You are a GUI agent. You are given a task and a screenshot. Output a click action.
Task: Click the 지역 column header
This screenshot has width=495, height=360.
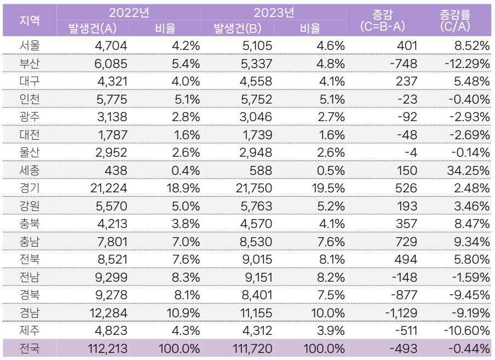point(30,20)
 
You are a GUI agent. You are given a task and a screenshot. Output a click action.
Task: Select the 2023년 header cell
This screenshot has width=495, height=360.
point(274,13)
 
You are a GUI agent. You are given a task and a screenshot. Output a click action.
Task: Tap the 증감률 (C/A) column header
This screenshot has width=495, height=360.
point(455,20)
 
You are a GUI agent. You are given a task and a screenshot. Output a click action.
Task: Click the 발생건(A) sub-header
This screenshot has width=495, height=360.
point(93,28)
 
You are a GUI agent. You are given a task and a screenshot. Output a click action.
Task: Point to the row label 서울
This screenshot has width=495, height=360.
point(30,45)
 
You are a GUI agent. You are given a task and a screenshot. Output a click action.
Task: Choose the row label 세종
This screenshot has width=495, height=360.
point(30,170)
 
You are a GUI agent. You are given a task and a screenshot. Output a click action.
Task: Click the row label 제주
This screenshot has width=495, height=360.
point(30,330)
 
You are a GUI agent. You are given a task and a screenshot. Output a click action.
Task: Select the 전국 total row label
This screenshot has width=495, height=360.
point(30,348)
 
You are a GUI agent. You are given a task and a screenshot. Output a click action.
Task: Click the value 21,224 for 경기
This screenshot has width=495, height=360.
point(108,188)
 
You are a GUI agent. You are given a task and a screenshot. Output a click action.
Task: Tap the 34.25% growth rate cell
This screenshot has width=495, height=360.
point(468,170)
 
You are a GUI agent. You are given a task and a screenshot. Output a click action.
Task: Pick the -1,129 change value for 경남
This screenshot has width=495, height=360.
point(401,313)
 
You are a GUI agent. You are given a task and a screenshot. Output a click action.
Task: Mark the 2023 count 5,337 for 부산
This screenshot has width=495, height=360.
point(256,64)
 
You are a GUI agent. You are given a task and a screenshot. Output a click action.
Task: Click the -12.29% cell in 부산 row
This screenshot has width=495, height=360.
point(467,64)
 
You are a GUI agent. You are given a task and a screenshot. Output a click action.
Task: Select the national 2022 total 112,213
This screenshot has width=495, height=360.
point(107,348)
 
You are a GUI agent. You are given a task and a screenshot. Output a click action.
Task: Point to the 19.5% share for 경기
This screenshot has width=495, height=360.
point(328,188)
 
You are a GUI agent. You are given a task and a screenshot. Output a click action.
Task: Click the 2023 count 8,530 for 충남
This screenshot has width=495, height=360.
point(256,242)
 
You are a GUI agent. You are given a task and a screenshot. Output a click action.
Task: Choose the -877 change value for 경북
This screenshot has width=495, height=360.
point(404,295)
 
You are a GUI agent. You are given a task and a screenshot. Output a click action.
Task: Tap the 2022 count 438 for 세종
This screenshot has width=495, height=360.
point(116,170)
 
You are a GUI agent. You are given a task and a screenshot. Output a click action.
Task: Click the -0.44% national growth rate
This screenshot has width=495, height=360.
point(469,348)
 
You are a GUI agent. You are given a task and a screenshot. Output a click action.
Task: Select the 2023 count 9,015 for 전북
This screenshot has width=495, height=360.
point(257,260)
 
